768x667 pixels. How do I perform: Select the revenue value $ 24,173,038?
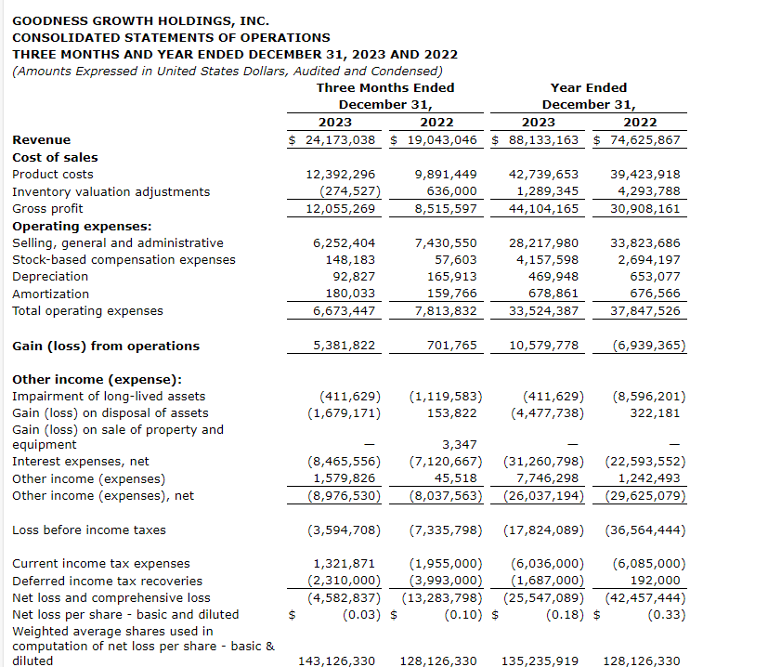pos(332,140)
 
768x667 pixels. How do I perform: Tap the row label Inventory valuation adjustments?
pos(111,191)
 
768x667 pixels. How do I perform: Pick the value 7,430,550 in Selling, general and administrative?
pos(442,242)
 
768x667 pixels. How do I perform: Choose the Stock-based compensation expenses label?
pos(124,259)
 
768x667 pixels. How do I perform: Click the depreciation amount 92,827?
pos(353,276)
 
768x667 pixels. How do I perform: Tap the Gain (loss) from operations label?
pos(105,346)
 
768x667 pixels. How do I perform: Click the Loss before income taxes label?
pos(89,530)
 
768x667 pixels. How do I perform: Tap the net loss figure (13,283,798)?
pos(445,597)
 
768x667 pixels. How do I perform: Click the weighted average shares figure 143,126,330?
pos(336,660)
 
